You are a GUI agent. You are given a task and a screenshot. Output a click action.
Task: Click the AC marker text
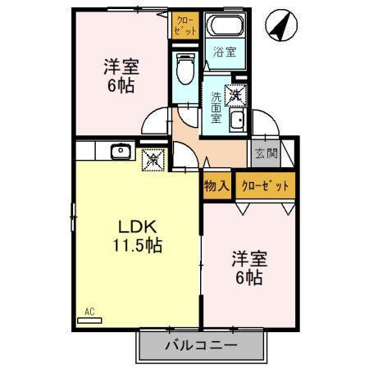click(x=90, y=310)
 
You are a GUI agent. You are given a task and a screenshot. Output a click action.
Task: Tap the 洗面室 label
click(x=216, y=104)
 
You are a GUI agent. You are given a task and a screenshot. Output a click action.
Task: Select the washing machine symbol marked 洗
click(x=236, y=94)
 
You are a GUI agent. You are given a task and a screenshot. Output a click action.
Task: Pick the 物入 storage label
click(x=216, y=185)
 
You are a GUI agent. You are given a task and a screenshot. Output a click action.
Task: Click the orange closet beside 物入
click(x=265, y=185)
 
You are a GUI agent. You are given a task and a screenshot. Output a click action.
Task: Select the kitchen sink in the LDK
click(x=120, y=151)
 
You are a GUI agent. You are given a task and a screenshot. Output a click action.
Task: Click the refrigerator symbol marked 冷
click(x=153, y=159)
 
